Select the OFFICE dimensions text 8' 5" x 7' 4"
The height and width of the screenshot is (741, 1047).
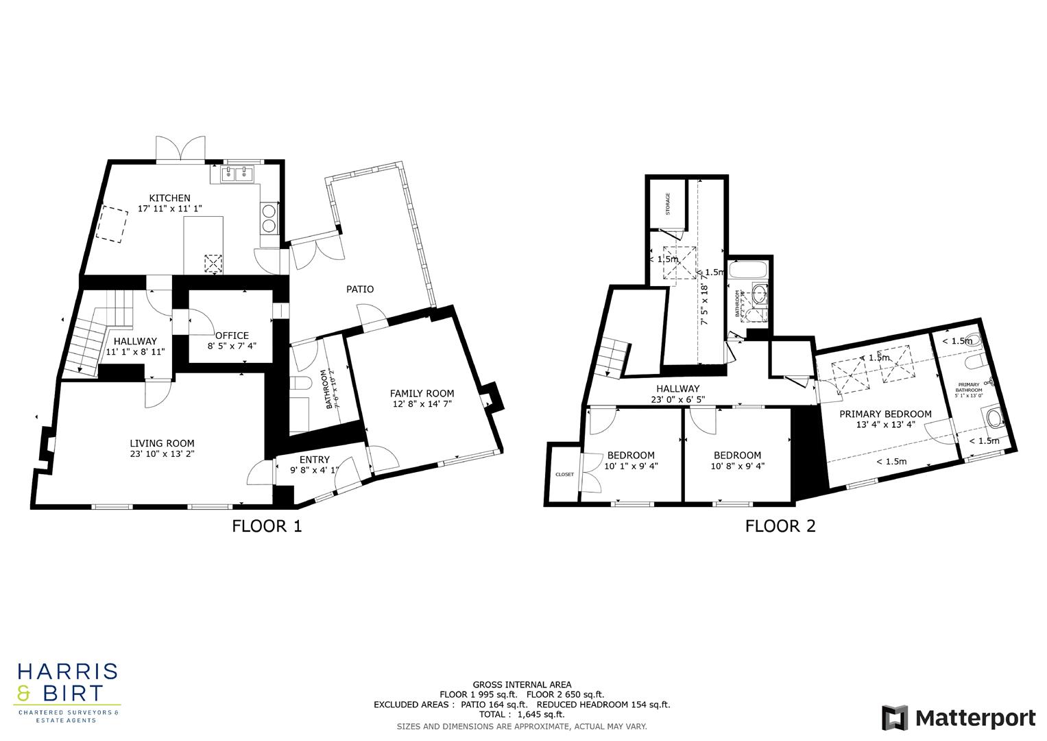232,346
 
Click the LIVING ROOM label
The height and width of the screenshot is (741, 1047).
162,443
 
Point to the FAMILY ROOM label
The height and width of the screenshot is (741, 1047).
422,393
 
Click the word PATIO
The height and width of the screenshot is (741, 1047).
360,289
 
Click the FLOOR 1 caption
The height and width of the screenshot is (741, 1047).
266,526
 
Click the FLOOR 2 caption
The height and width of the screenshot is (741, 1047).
780,526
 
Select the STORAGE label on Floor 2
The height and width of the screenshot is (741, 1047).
667,204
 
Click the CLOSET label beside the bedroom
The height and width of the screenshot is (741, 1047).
564,474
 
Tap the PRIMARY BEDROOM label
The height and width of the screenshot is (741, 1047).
885,414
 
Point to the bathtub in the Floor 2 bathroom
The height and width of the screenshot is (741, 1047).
749,269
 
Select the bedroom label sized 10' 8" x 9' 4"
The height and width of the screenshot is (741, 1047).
737,456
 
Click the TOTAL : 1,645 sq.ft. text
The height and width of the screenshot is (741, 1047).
521,714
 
